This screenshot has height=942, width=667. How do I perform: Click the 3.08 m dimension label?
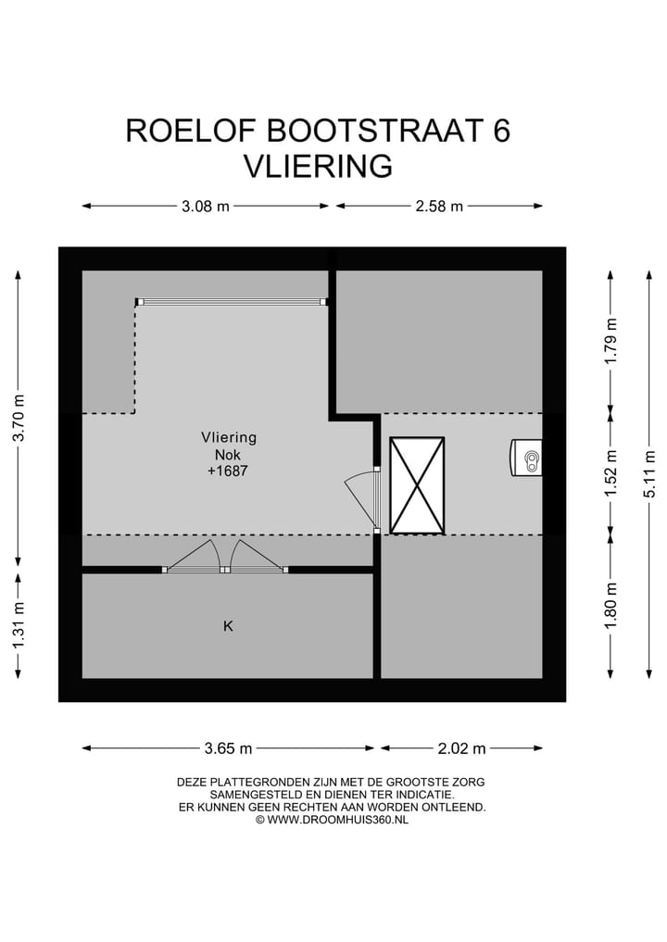pyautogui.click(x=205, y=207)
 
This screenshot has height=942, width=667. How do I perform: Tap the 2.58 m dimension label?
pyautogui.click(x=438, y=207)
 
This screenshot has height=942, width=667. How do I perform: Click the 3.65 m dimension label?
pyautogui.click(x=228, y=748)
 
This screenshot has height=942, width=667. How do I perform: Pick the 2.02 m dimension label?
pyautogui.click(x=461, y=748)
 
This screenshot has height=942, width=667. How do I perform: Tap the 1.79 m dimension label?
pyautogui.click(x=610, y=342)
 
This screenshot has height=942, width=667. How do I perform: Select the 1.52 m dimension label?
pyautogui.click(x=610, y=473)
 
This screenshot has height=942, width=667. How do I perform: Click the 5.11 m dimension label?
pyautogui.click(x=650, y=473)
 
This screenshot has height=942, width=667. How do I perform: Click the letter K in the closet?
pyautogui.click(x=228, y=627)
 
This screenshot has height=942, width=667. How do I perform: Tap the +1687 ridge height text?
pyautogui.click(x=229, y=471)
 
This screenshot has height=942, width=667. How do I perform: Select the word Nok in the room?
pyautogui.click(x=229, y=454)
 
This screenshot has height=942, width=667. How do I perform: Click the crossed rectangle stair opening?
pyautogui.click(x=417, y=485)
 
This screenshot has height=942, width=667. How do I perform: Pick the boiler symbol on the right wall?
pyautogui.click(x=526, y=458)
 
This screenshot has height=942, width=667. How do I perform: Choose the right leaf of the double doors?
pyautogui.click(x=256, y=557)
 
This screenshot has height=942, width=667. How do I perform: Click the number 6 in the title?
pyautogui.click(x=501, y=131)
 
